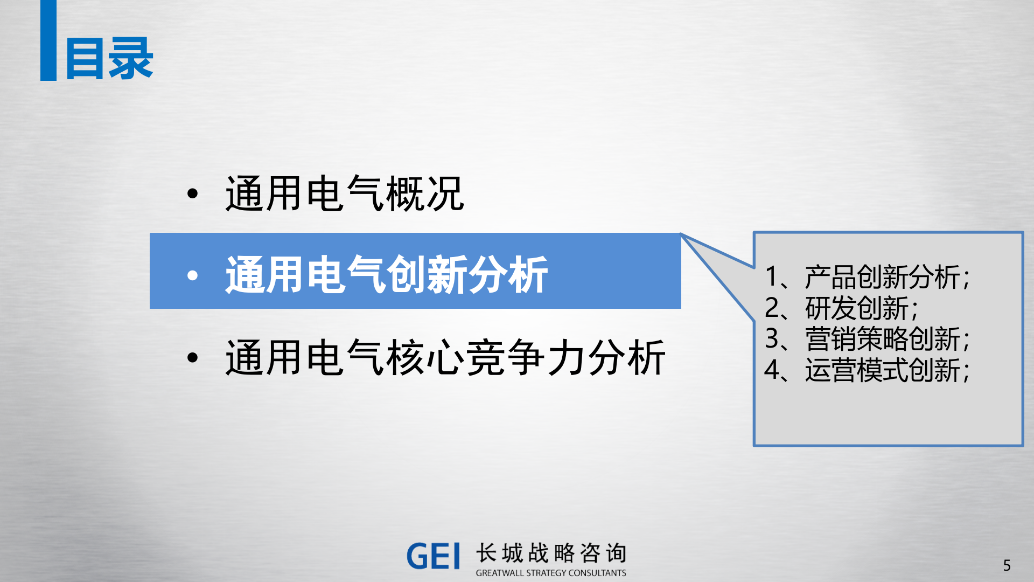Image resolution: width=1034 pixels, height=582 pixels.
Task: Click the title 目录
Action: coord(109,59)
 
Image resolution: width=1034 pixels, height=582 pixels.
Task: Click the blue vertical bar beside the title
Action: coord(48,40)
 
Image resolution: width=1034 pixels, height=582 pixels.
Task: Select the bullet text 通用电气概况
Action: coord(345,193)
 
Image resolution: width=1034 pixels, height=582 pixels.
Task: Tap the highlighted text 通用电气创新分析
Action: coord(387,275)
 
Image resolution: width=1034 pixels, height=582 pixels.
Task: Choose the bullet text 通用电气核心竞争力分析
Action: coord(445,358)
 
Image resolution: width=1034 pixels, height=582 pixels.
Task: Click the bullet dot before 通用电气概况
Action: coord(192,194)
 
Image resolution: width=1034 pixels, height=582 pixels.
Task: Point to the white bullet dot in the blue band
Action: coord(192,276)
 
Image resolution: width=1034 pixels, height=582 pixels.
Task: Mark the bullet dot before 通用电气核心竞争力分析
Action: coord(192,358)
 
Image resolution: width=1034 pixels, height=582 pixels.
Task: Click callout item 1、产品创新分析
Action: coord(867,277)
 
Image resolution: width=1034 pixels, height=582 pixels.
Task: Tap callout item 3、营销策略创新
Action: coord(867,339)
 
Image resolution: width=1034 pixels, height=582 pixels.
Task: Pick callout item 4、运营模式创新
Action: coord(867,370)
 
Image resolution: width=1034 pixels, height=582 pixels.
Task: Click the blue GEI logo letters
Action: coord(434,556)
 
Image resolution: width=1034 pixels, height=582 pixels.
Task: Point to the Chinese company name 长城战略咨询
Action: coord(551,553)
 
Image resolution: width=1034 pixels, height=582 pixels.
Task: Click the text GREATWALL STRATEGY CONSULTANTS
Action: coord(551,573)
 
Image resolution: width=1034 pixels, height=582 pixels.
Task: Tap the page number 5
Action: coord(1007,565)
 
